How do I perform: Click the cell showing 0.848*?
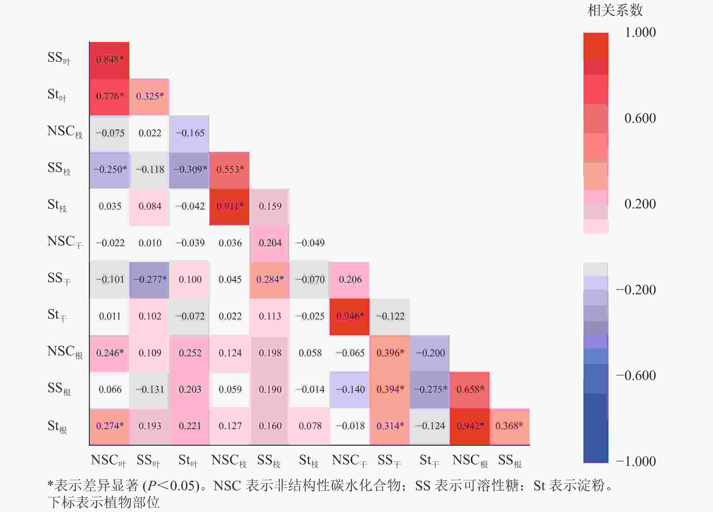(109, 59)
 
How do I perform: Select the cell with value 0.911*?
(230, 206)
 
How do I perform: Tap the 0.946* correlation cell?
(350, 316)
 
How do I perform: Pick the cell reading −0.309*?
(190, 170)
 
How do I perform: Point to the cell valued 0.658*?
(470, 390)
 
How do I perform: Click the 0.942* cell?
(470, 426)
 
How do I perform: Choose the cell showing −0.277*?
(150, 279)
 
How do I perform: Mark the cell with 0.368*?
(509, 426)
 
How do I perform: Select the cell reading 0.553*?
(230, 170)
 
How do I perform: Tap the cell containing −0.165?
(190, 133)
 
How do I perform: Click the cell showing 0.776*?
(109, 96)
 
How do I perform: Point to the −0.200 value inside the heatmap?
(430, 353)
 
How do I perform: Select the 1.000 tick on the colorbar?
(640, 32)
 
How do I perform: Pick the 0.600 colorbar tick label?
(640, 118)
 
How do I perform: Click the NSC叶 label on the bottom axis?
(108, 461)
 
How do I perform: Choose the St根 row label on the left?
(57, 426)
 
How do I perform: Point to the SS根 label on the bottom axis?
(510, 461)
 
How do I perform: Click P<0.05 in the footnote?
(171, 486)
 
